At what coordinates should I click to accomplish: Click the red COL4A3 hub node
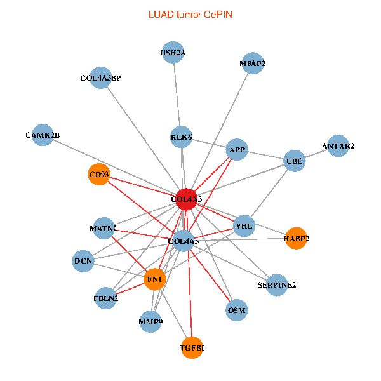(186, 199)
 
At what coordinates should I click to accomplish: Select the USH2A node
(173, 52)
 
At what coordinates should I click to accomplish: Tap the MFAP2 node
(253, 63)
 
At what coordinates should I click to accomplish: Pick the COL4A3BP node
(100, 77)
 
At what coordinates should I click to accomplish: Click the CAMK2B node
(43, 135)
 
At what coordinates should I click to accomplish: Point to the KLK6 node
(181, 137)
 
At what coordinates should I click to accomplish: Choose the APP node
(237, 150)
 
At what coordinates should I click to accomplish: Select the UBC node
(295, 161)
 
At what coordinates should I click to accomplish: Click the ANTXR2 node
(338, 146)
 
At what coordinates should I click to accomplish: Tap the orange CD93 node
(99, 174)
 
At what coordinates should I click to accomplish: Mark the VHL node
(244, 226)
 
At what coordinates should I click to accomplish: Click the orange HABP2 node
(296, 238)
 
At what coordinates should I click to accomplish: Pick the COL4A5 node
(184, 241)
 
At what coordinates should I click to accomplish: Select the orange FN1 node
(155, 279)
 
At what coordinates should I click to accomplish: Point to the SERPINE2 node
(276, 284)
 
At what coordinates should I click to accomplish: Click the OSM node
(237, 310)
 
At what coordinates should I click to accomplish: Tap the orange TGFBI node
(192, 348)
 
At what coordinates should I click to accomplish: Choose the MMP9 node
(150, 322)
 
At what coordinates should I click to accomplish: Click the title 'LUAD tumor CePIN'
(190, 15)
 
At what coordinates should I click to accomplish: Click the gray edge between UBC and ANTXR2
(316, 153)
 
